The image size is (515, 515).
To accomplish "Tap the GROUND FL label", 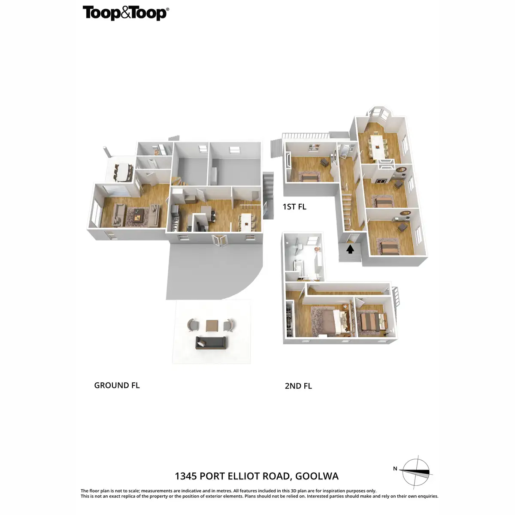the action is coord(117,385).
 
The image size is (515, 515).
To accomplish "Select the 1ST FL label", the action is coord(294,206).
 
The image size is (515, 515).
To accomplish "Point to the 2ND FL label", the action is coord(298,386).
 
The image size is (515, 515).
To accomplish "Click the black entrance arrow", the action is coord(350,248).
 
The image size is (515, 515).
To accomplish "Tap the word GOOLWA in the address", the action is coord(317,476).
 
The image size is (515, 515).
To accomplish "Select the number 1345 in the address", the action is coord(186,476).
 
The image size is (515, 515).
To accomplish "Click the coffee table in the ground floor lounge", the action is coord(137,217).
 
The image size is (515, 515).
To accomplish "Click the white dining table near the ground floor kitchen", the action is coord(246,221).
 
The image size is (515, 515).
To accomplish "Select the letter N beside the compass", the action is coord(395,469).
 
